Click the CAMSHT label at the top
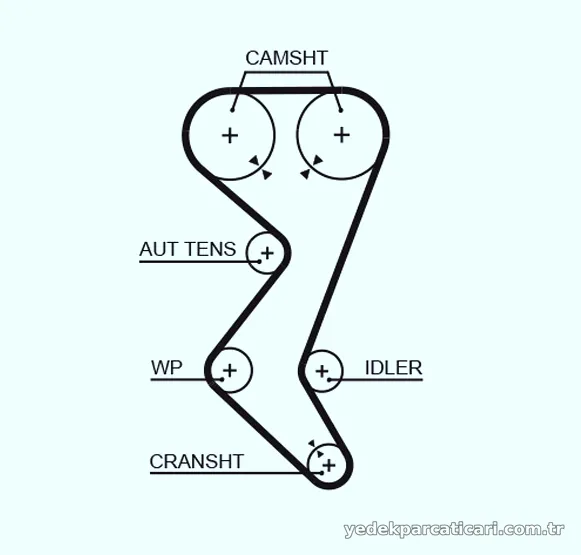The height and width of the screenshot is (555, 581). [286, 58]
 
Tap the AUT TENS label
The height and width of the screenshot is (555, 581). [187, 249]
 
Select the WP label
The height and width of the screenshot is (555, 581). [167, 368]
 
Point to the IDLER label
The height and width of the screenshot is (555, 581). [394, 368]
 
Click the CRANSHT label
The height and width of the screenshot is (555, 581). [196, 462]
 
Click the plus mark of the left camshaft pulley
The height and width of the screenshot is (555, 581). [230, 135]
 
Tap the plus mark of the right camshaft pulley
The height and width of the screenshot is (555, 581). [342, 135]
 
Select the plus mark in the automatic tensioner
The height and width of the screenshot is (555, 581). [267, 253]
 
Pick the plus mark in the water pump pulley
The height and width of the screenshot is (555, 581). [230, 370]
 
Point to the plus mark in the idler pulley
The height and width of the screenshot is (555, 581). [322, 371]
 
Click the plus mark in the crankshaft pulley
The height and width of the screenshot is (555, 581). [329, 465]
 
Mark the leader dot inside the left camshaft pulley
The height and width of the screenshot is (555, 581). [232, 110]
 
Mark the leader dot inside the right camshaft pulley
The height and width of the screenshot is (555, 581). [341, 110]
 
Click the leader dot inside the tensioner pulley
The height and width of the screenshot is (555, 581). [259, 262]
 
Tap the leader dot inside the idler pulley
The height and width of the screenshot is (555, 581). [329, 380]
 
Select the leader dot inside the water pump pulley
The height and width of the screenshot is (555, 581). [222, 379]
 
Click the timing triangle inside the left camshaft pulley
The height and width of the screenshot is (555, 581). [254, 160]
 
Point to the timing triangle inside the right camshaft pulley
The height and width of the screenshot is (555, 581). [318, 160]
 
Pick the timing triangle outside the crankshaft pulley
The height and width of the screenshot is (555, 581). [312, 443]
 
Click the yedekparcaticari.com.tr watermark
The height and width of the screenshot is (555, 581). [454, 530]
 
